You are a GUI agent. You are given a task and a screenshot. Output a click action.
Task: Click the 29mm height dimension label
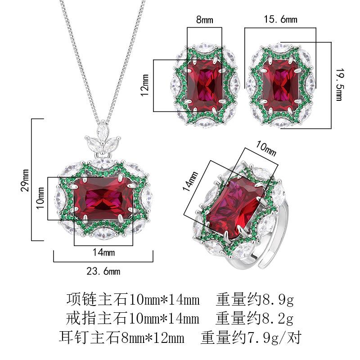click(26, 180)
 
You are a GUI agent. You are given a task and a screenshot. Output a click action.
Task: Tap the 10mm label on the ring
click(265, 149)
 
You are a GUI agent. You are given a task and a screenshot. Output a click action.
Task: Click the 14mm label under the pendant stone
click(103, 252)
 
